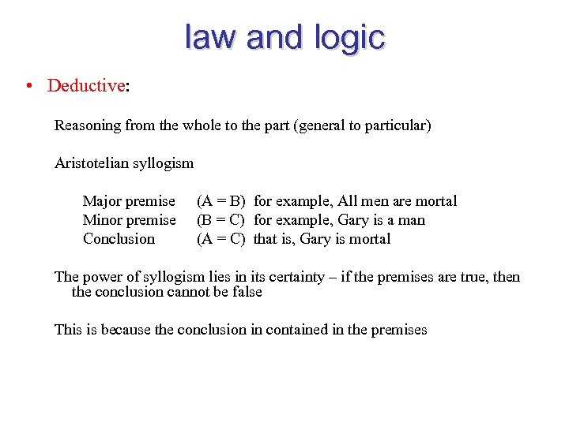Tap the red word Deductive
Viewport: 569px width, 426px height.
coord(86,85)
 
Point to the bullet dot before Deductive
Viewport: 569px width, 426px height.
coord(28,85)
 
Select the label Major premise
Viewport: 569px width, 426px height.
coord(129,201)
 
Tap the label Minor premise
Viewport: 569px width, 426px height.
coord(130,220)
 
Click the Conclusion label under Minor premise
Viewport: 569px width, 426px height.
coord(119,239)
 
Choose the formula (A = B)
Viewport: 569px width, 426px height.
coord(221,201)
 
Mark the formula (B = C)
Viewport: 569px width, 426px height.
coord(221,220)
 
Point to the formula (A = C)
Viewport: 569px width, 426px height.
coord(221,239)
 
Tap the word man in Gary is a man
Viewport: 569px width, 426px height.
coord(412,220)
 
